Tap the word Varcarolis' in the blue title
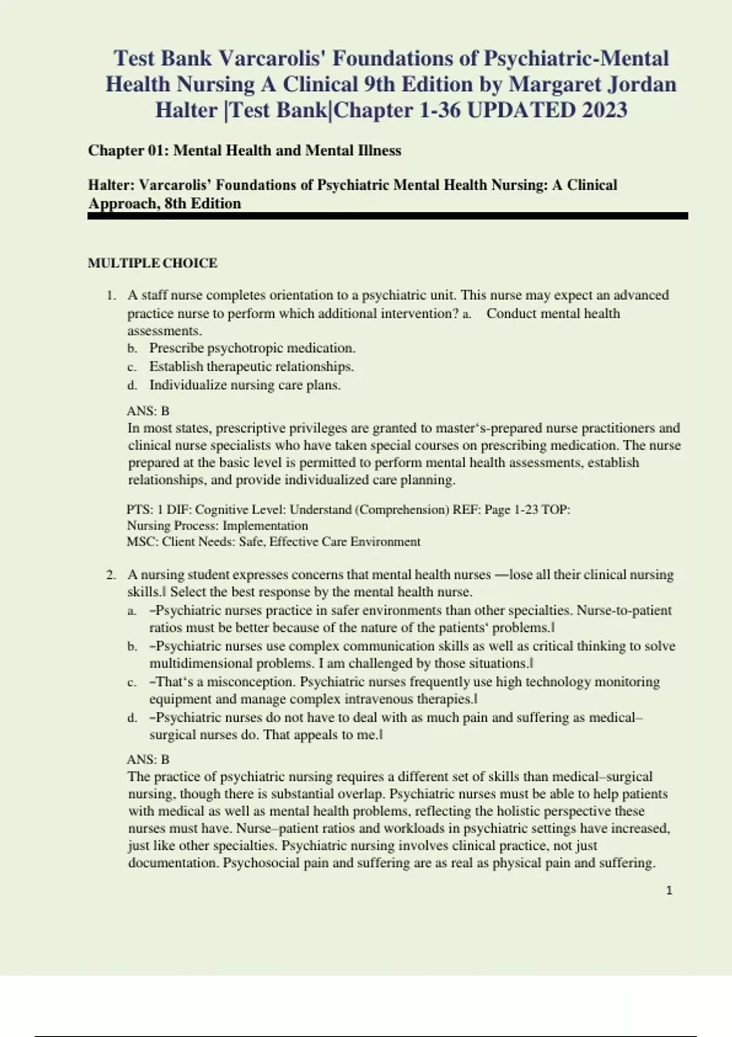tap(272, 59)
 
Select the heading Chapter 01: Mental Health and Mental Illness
tap(245, 151)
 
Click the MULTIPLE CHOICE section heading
tap(152, 263)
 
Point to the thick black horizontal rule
tap(388, 216)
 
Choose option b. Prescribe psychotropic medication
tap(252, 348)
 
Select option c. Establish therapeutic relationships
tap(251, 367)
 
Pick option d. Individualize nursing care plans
tap(245, 385)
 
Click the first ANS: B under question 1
tap(148, 411)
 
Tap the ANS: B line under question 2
tap(148, 759)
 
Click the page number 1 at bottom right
tap(669, 891)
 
